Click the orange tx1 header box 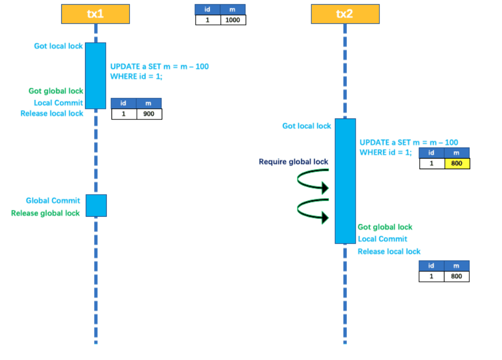click(x=96, y=14)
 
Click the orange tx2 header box click(x=345, y=14)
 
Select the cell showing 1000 click(x=233, y=20)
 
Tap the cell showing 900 click(x=149, y=114)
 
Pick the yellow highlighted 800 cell click(x=457, y=163)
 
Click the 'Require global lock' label click(x=293, y=161)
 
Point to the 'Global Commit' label click(x=53, y=200)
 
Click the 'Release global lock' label click(x=45, y=213)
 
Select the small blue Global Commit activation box click(x=96, y=205)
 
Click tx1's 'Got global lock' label click(x=55, y=91)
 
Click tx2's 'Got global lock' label click(x=385, y=227)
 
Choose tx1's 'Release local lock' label click(x=52, y=113)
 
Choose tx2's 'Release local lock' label click(x=389, y=252)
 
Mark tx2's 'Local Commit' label click(x=382, y=239)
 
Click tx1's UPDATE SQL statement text click(x=160, y=71)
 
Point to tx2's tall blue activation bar click(x=346, y=181)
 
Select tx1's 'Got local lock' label click(x=58, y=46)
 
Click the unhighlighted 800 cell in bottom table click(x=457, y=276)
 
